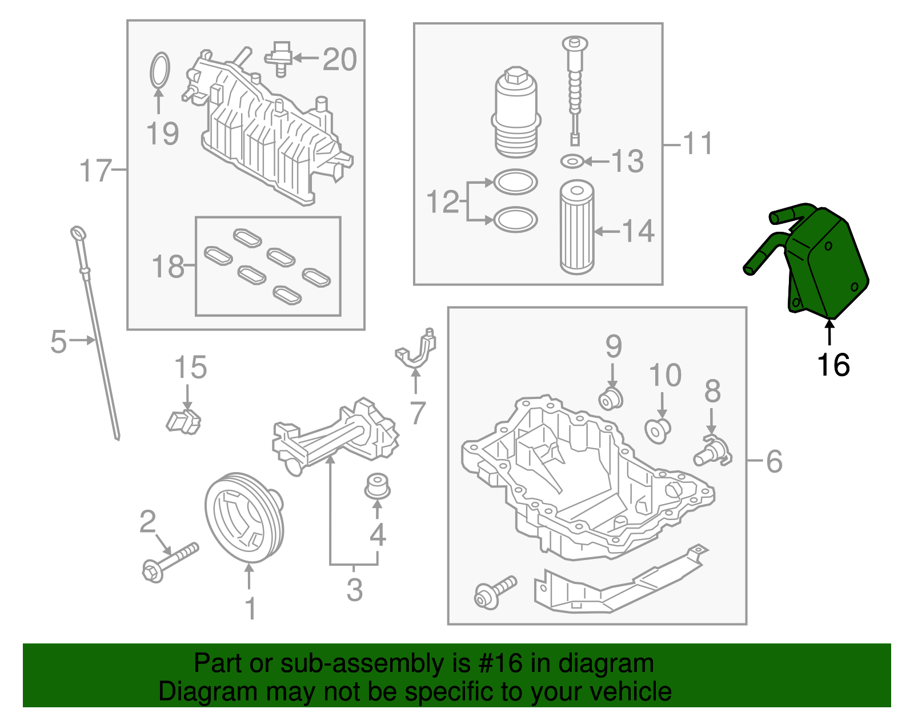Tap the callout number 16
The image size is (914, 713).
[x=833, y=365]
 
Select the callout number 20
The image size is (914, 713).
[x=339, y=59]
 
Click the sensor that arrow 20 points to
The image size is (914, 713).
[x=278, y=58]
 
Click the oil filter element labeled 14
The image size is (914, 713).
[x=576, y=227]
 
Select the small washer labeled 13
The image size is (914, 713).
[x=572, y=161]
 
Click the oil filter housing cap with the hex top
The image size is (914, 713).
[x=516, y=112]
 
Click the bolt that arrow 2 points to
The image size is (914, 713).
[x=170, y=563]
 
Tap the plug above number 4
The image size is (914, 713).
[x=377, y=486]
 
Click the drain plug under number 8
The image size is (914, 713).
[x=712, y=452]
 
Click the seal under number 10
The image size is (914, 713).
[x=658, y=431]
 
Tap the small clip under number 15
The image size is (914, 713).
[x=183, y=422]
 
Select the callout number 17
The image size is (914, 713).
[x=96, y=171]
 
